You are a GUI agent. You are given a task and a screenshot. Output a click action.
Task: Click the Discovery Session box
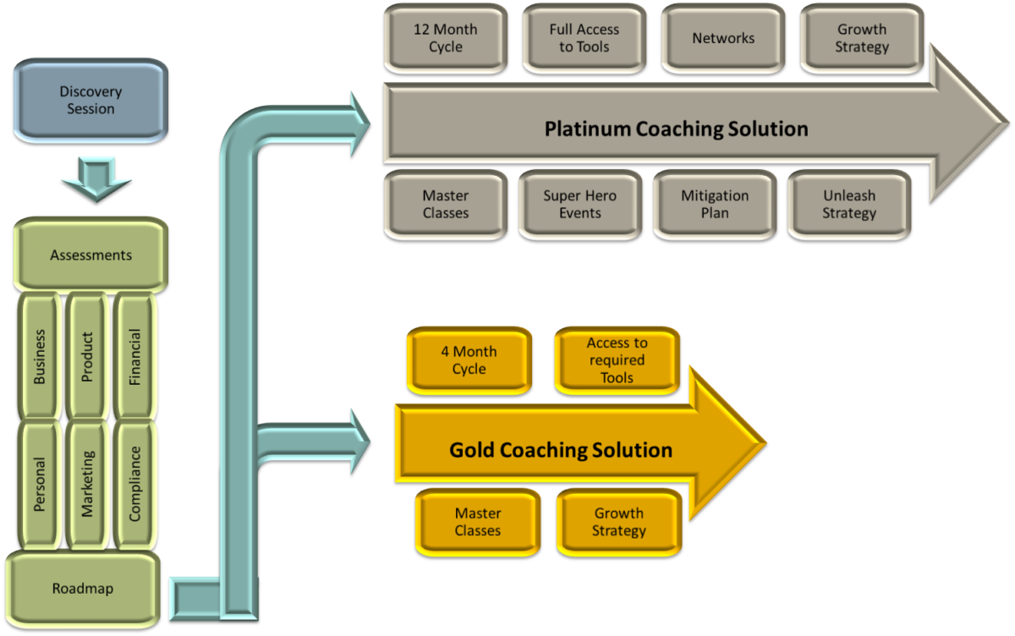pyautogui.click(x=91, y=100)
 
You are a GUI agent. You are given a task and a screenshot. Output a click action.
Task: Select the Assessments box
pyautogui.click(x=91, y=255)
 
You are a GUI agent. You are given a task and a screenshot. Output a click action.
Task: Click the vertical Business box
pyautogui.click(x=40, y=356)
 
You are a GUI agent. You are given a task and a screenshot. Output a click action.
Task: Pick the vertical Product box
pyautogui.click(x=87, y=356)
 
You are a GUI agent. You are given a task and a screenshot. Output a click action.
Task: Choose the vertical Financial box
pyautogui.click(x=134, y=356)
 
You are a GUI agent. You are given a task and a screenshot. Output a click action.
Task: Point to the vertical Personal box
pyautogui.click(x=40, y=484)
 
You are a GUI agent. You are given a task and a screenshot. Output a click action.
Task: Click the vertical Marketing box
pyautogui.click(x=87, y=484)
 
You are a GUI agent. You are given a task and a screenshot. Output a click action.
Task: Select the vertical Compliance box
pyautogui.click(x=134, y=484)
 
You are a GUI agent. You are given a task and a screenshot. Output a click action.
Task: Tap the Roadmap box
pyautogui.click(x=82, y=589)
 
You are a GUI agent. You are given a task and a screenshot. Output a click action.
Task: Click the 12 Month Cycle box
pyautogui.click(x=445, y=38)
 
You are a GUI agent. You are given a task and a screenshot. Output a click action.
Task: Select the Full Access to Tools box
pyautogui.click(x=584, y=38)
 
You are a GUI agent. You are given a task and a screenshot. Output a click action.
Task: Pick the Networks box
pyautogui.click(x=723, y=38)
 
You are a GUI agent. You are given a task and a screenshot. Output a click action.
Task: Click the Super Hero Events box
pyautogui.click(x=579, y=204)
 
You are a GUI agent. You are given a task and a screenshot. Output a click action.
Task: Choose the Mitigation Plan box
pyautogui.click(x=715, y=204)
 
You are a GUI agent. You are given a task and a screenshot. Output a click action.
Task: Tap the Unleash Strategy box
pyautogui.click(x=848, y=204)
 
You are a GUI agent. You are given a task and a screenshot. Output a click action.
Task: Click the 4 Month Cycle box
pyautogui.click(x=469, y=360)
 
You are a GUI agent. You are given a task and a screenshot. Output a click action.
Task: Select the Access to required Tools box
pyautogui.click(x=617, y=360)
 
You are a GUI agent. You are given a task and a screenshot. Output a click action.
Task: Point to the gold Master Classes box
pyautogui.click(x=478, y=522)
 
